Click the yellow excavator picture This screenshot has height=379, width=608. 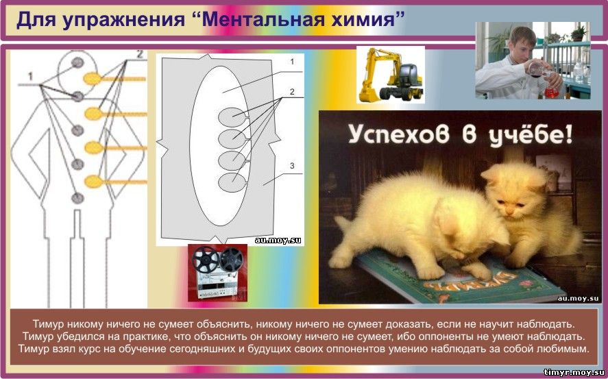[391, 75]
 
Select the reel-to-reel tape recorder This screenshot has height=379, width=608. [217, 273]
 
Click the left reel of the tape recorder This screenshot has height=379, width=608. [206, 259]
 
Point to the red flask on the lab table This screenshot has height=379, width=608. [551, 93]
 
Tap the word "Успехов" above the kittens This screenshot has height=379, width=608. [399, 135]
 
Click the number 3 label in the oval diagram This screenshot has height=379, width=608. [292, 166]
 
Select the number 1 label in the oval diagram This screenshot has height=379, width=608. [292, 62]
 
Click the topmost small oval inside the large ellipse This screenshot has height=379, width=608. [232, 117]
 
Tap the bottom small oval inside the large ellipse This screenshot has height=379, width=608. [232, 182]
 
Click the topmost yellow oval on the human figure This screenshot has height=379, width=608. [93, 79]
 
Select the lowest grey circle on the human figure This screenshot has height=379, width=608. [77, 198]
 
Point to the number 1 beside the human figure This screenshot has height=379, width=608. [30, 77]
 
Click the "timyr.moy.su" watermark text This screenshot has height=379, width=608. [574, 372]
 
